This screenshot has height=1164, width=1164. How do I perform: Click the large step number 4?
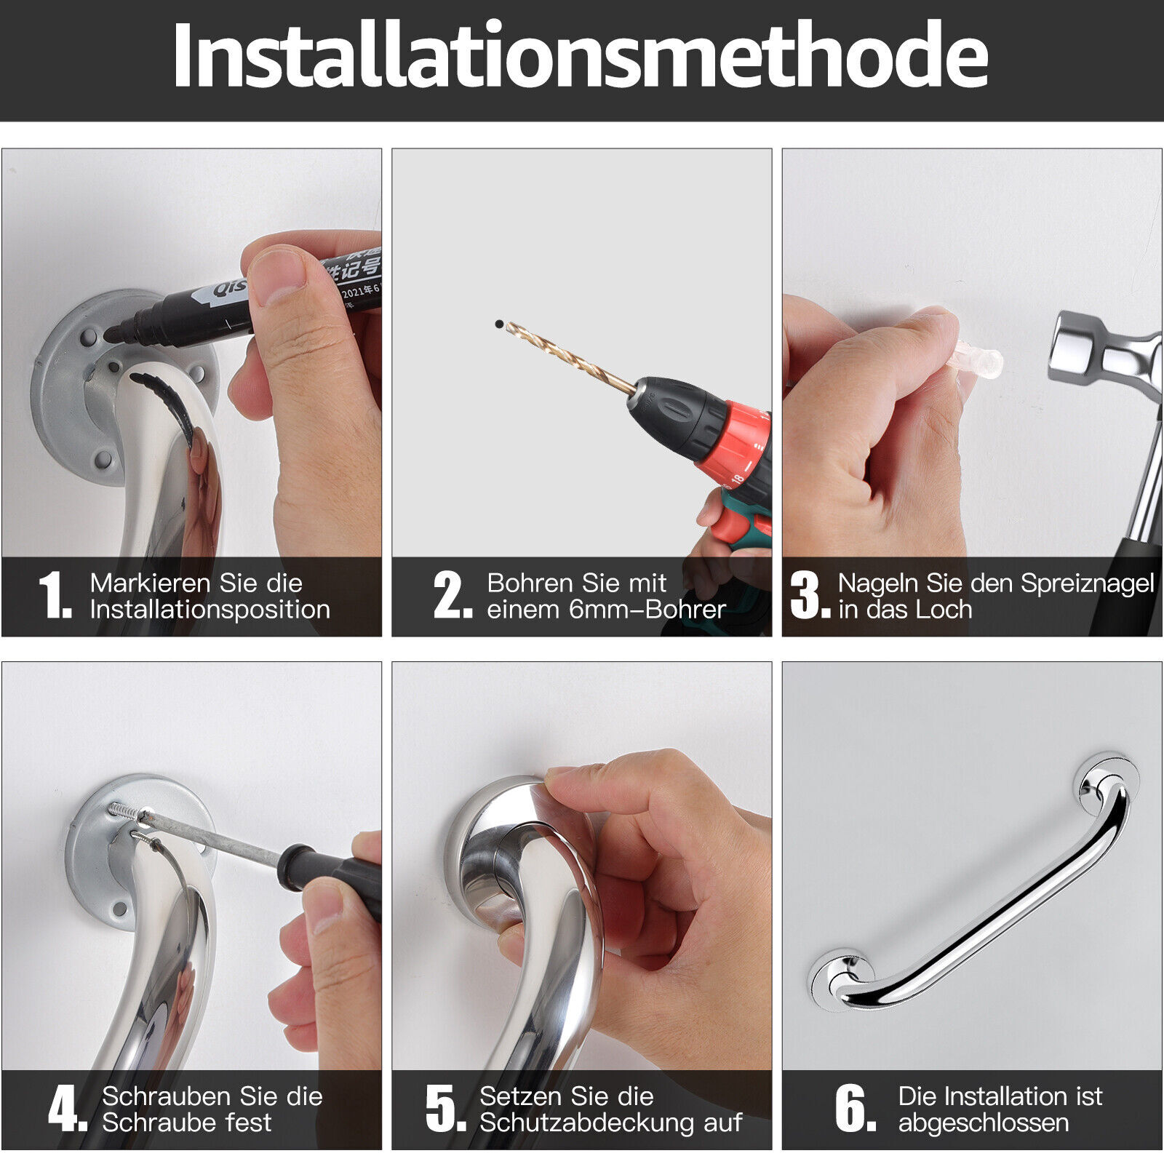tap(67, 1109)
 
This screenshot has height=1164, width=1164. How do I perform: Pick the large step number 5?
tap(445, 1109)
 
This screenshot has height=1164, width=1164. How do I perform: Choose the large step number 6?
tap(854, 1109)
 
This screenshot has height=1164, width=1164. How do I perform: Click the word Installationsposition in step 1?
tap(210, 610)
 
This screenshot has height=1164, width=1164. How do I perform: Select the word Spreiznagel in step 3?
tap(1087, 583)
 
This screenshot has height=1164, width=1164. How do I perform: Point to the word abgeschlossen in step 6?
tap(983, 1123)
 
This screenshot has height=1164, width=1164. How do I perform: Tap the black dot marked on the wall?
tap(499, 324)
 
